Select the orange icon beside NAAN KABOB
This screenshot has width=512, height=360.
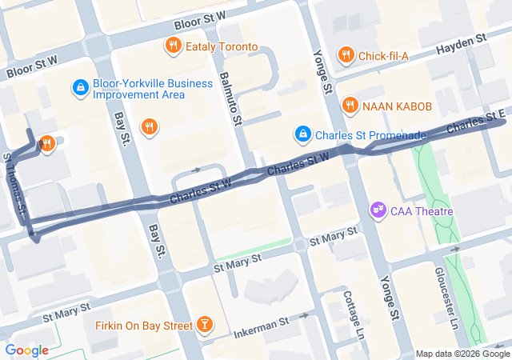(350, 106)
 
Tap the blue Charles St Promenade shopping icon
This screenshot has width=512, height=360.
(302, 134)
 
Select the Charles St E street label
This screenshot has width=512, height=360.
(476, 123)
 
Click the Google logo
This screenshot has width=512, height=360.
(26, 350)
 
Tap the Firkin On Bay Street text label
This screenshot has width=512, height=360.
(140, 325)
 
